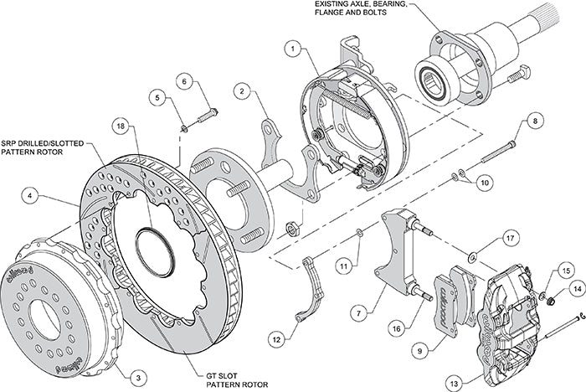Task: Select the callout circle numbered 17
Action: [x=510, y=238]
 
